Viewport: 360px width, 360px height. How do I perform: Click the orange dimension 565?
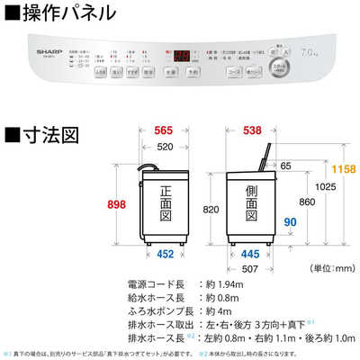coord(165,129)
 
